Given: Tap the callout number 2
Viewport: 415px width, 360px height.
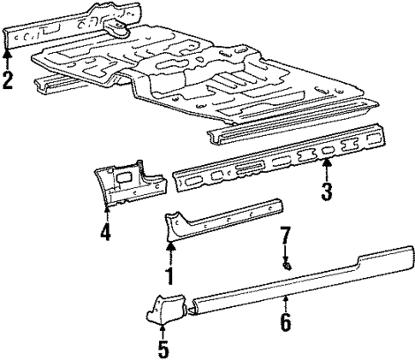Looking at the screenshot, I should tap(8, 82).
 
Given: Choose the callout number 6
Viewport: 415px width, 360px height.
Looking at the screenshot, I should tap(286, 322).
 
